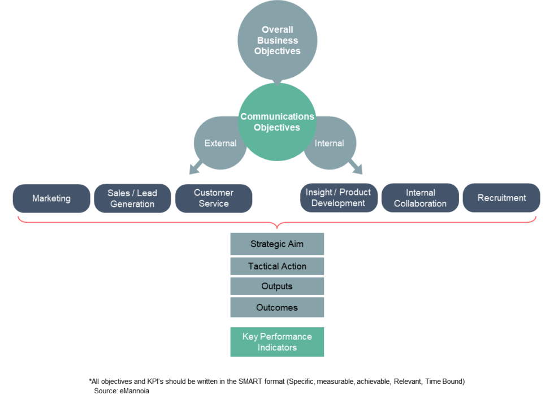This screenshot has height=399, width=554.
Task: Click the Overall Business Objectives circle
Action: tap(278, 40)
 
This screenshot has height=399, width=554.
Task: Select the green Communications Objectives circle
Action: tap(277, 122)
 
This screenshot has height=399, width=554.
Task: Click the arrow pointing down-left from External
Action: tap(196, 167)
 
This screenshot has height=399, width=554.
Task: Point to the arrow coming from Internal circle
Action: tap(356, 167)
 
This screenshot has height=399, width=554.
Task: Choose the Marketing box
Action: tap(51, 198)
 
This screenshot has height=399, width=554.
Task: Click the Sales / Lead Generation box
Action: tap(132, 198)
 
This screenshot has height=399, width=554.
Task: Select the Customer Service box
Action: tap(214, 198)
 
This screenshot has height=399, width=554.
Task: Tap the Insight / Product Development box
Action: tap(339, 198)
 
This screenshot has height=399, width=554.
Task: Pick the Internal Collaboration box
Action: tap(420, 198)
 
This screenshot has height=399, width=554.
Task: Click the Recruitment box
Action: tap(502, 198)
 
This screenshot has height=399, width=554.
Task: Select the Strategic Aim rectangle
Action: tap(277, 244)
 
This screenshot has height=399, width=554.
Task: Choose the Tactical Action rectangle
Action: tap(277, 266)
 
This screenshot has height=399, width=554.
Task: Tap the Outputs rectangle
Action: tap(277, 286)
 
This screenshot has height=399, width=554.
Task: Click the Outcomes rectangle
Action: tap(277, 307)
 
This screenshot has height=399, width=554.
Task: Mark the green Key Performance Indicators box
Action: tap(277, 342)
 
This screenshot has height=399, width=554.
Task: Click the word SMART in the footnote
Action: tap(249, 381)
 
